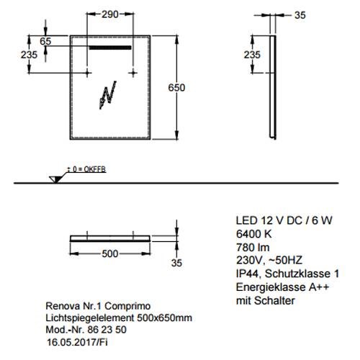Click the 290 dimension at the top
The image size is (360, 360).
tap(110, 14)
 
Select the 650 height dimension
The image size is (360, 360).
tap(176, 88)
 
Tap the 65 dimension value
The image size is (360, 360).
tap(45, 41)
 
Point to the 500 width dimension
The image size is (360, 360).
tap(110, 253)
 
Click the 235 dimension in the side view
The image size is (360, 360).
tap(252, 55)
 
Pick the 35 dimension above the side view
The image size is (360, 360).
tap(300, 15)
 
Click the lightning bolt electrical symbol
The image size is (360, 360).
tap(108, 95)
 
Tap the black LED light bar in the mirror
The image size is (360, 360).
tap(110, 48)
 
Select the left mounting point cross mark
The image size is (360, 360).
tap(87, 73)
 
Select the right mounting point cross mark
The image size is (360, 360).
tap(133, 73)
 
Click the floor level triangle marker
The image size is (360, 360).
tap(55, 179)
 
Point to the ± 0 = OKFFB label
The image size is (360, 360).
tap(86, 169)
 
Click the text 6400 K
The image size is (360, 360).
tap(253, 234)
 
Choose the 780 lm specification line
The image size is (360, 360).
tap(253, 247)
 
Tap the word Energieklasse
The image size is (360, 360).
tap(271, 287)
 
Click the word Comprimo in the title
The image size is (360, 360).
tap(127, 306)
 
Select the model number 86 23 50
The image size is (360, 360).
tap(107, 330)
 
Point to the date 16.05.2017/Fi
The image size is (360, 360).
tap(77, 342)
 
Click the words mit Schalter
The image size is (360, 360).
tap(266, 300)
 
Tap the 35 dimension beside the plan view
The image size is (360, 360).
tap(176, 263)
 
